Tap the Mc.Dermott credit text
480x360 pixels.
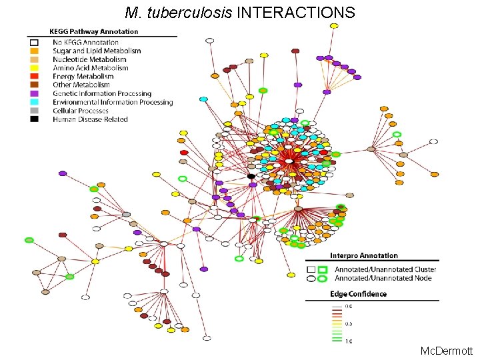pyautogui.click(x=447, y=350)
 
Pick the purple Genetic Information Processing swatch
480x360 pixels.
pyautogui.click(x=34, y=94)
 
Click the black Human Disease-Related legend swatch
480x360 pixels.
pyautogui.click(x=34, y=119)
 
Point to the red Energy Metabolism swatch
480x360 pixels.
pyautogui.click(x=34, y=77)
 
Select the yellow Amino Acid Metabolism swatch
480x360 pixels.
pyautogui.click(x=34, y=68)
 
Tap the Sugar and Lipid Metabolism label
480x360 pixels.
pyautogui.click(x=97, y=51)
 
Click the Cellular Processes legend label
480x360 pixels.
pyautogui.click(x=81, y=111)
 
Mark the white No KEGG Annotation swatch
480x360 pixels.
pyautogui.click(x=34, y=43)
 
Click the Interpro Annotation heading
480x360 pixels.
pyautogui.click(x=364, y=255)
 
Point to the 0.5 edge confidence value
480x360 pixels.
pyautogui.click(x=348, y=324)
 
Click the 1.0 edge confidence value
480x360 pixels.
pyautogui.click(x=348, y=341)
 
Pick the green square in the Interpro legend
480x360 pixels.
pyautogui.click(x=323, y=269)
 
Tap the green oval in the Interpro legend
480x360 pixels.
pyautogui.click(x=323, y=278)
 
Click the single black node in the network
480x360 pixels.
pyautogui.click(x=251, y=176)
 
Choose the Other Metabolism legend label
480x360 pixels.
pyautogui.click(x=81, y=85)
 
